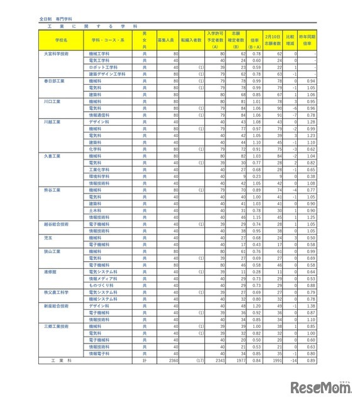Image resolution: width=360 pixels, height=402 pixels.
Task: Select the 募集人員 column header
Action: [x=165, y=39]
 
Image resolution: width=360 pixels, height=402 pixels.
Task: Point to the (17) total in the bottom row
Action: [x=199, y=361]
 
